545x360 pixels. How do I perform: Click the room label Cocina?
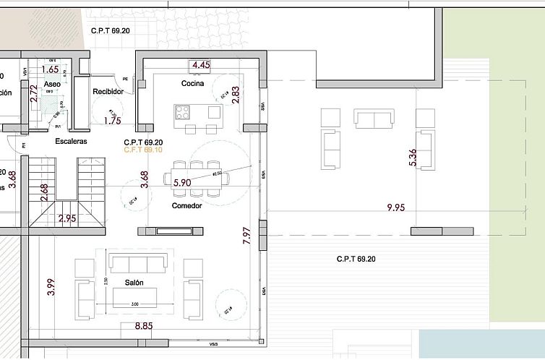point(192,83)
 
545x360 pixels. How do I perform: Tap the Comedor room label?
point(186,206)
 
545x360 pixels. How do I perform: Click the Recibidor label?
point(108,91)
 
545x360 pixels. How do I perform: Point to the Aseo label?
point(52,84)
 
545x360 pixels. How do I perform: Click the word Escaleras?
point(71,141)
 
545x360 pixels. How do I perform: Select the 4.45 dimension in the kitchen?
point(200,65)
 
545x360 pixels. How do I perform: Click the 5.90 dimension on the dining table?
point(182,183)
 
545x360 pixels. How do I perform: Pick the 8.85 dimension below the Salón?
point(145,326)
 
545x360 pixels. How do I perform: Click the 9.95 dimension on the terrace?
point(397,207)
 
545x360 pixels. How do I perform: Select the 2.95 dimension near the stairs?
point(67,218)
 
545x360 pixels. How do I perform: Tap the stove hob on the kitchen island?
point(182,112)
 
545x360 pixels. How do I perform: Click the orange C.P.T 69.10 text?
point(143,150)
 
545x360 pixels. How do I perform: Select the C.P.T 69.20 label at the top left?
point(110,31)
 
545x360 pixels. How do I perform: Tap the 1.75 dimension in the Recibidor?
point(112,121)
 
